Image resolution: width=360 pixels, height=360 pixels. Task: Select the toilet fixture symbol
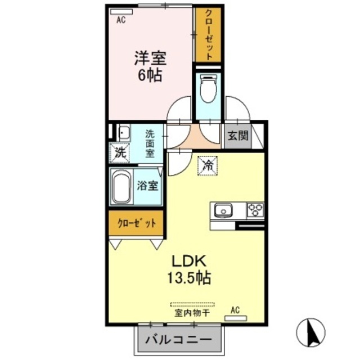pyautogui.click(x=208, y=88)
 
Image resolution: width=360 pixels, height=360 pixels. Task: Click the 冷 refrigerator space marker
pyautogui.click(x=208, y=166)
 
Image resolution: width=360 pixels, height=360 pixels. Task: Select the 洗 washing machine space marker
pyautogui.click(x=120, y=152)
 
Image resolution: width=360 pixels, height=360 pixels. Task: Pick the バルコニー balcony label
pyautogui.click(x=179, y=340)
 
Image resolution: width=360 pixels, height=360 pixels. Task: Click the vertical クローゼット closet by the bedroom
pyautogui.click(x=207, y=35)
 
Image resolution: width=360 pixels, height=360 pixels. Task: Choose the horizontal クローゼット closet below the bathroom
pyautogui.click(x=136, y=223)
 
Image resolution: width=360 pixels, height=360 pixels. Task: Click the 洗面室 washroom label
pyautogui.click(x=150, y=143)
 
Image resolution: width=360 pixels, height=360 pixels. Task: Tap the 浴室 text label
pyautogui.click(x=148, y=186)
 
